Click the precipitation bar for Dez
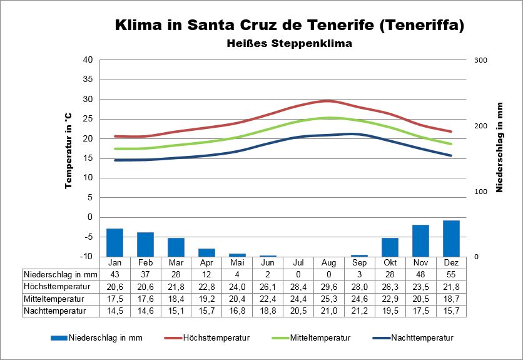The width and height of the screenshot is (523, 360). tap(451, 239)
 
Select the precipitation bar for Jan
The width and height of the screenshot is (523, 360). tap(114, 242)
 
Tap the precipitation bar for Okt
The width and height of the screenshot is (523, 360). tap(390, 247)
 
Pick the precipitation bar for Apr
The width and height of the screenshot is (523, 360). tap(206, 252)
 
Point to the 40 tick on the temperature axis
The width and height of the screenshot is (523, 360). tap(88, 60)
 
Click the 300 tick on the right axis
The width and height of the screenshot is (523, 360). tap(480, 60)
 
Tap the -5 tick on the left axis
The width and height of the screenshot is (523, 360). tap(88, 237)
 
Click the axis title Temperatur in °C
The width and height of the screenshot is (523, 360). tap(68, 151)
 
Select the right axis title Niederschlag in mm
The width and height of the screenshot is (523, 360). tap(500, 148)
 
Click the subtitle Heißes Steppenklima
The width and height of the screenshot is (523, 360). tap(289, 44)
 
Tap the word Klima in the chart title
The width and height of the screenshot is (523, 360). tap(140, 26)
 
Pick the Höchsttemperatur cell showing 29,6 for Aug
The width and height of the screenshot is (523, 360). tap(328, 286)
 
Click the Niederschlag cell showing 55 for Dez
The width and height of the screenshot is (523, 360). tap(451, 274)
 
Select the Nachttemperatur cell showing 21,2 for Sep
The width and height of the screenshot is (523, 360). tap(359, 310)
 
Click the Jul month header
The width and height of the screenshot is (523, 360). tap(298, 262)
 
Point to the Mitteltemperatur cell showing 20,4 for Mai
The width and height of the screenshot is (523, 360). tap(237, 298)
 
